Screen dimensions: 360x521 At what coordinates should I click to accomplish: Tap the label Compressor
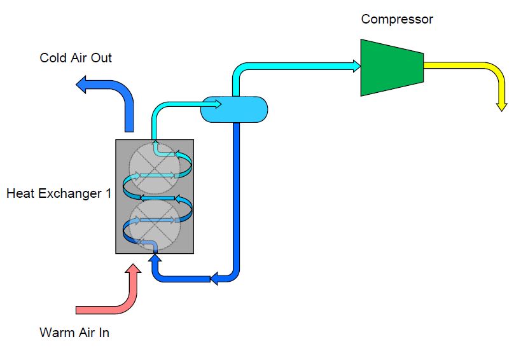[396, 19]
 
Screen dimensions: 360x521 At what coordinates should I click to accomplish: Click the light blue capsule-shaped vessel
[234, 109]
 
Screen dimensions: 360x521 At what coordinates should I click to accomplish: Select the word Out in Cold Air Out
[101, 58]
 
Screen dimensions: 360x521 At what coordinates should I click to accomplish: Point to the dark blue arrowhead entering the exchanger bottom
[155, 258]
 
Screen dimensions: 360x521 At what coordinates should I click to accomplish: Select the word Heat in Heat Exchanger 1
[20, 193]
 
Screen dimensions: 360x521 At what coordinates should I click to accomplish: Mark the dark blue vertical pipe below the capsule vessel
[237, 191]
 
